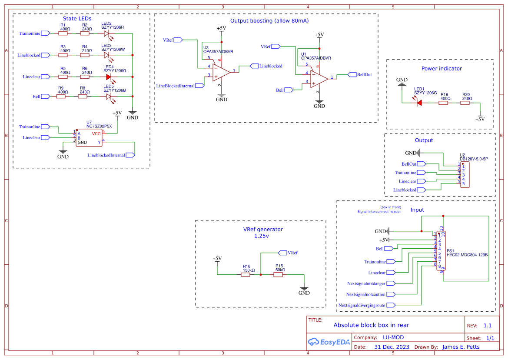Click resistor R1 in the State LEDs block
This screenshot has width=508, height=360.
pyautogui.click(x=63, y=33)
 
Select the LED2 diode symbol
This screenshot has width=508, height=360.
pyautogui.click(x=107, y=33)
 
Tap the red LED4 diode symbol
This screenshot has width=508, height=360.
pyautogui.click(x=109, y=77)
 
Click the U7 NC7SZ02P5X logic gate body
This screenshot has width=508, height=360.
pyautogui.click(x=89, y=137)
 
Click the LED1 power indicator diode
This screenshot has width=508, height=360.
pyautogui.click(x=419, y=103)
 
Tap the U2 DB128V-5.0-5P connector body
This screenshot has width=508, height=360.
pyautogui.click(x=465, y=175)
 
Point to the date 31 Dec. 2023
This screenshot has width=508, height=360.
pyautogui.click(x=392, y=347)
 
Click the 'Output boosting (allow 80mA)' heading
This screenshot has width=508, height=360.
pyautogui.click(x=269, y=21)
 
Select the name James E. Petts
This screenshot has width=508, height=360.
pyautogui.click(x=461, y=347)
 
